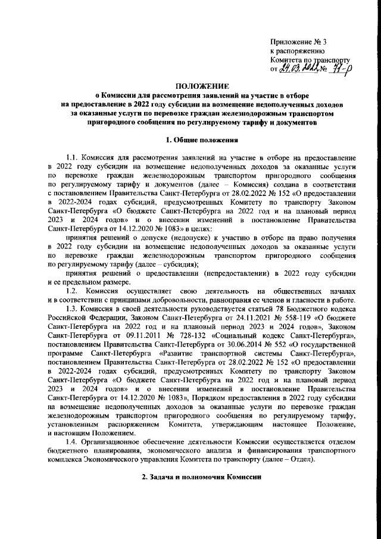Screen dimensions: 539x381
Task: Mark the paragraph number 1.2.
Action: coord(73,290)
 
